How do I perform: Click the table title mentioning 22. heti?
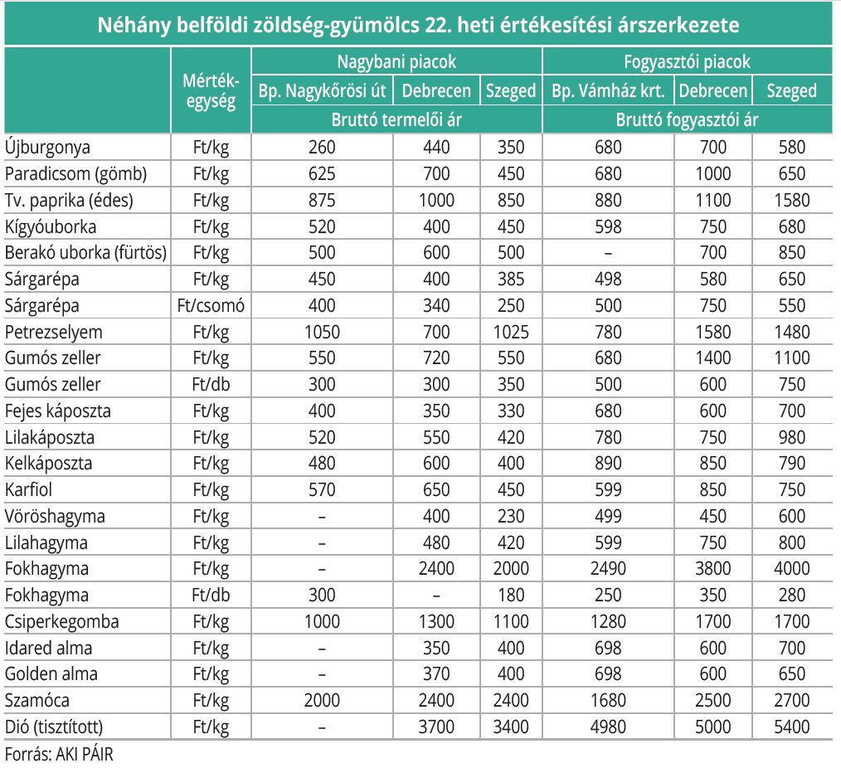click(x=418, y=25)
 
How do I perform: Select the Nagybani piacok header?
click(x=396, y=61)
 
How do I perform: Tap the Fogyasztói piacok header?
click(x=687, y=61)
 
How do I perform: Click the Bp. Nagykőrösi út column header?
click(x=322, y=90)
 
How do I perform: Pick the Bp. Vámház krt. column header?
click(x=608, y=90)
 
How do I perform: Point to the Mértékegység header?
click(x=211, y=90)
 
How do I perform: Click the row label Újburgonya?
click(x=47, y=148)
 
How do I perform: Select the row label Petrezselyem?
click(x=54, y=332)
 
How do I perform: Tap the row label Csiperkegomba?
click(x=61, y=621)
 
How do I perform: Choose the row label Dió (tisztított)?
click(x=54, y=727)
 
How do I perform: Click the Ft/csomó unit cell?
click(x=211, y=306)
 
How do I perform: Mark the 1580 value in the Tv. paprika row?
click(x=792, y=200)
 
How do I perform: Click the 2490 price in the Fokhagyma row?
click(x=608, y=568)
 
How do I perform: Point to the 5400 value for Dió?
click(x=792, y=727)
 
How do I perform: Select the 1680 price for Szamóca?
click(x=608, y=701)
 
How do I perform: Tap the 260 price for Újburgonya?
click(x=322, y=148)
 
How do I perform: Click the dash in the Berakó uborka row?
click(x=608, y=253)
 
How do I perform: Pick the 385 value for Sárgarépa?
click(x=511, y=279)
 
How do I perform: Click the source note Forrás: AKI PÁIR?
click(x=59, y=754)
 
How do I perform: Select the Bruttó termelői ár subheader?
click(x=396, y=119)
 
